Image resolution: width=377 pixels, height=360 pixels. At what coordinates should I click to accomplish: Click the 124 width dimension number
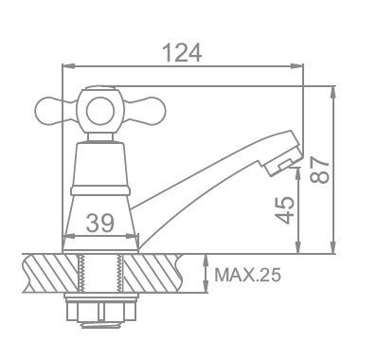click(x=183, y=53)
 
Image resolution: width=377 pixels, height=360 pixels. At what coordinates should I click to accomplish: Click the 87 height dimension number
click(x=319, y=171)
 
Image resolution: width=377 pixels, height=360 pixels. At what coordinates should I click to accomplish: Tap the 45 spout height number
click(x=284, y=210)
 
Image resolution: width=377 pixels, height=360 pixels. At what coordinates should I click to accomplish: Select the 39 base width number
click(x=99, y=223)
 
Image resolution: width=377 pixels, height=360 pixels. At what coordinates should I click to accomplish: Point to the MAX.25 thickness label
click(x=247, y=275)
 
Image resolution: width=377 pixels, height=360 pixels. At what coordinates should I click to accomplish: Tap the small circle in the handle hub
click(x=99, y=111)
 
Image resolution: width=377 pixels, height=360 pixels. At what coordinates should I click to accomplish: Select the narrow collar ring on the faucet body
click(x=100, y=190)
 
